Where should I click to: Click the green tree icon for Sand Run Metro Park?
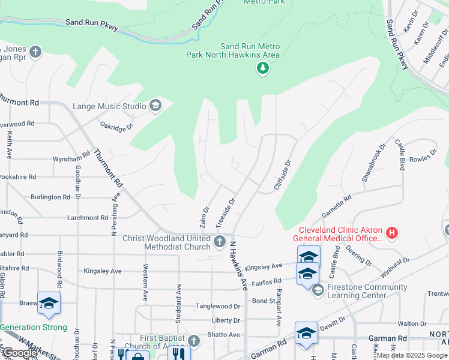tap(262, 69)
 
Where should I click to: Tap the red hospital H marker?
tap(391, 232)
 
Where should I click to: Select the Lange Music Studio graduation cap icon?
tap(155, 106)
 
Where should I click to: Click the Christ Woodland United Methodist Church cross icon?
tap(220, 242)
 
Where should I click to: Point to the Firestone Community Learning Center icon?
tap(317, 291)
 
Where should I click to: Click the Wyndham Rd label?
tap(67, 159)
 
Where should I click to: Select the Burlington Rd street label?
tap(50, 197)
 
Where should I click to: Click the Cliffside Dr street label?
tap(282, 175)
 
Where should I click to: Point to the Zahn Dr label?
tap(205, 217)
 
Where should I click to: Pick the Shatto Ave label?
tap(223, 334)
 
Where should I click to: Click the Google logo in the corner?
tap(20, 353)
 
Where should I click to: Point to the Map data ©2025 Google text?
tap(412, 355)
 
